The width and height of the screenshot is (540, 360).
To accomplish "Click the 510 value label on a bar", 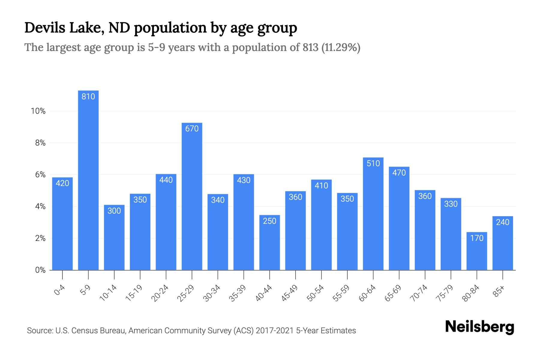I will [373, 163].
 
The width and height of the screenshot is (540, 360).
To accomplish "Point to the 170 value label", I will [477, 238].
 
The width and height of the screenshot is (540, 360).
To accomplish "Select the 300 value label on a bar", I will [114, 211].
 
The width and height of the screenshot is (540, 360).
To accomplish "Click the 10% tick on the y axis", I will [38, 111].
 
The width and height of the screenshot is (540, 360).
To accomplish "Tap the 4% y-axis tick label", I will [40, 207].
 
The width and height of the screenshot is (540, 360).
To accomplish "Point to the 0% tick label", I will [40, 270].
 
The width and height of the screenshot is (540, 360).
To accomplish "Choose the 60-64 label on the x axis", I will [367, 293].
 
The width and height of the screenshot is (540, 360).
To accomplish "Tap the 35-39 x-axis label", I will [238, 293].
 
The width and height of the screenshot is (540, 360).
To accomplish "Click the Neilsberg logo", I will [479, 327].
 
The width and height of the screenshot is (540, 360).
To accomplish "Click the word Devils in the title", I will [45, 28].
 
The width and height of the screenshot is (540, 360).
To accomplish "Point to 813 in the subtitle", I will [310, 47].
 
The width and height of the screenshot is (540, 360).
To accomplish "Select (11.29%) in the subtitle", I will [341, 47].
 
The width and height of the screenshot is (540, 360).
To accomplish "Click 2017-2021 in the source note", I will [274, 331].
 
